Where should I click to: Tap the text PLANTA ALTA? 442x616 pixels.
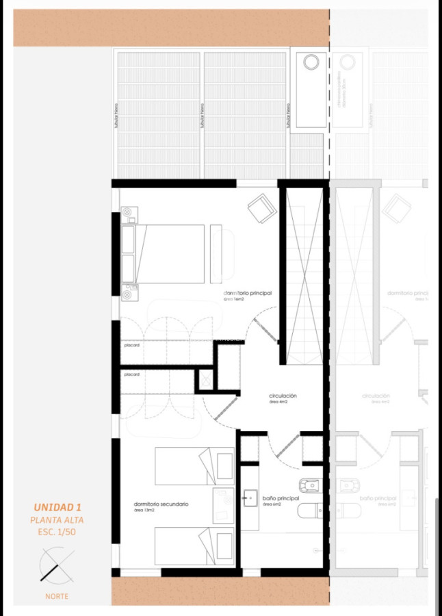57,520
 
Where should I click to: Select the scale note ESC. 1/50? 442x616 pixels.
57,532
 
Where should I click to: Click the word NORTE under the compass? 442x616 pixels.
57,596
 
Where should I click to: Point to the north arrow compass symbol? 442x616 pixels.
56,566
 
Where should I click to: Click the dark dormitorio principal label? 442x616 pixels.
248,293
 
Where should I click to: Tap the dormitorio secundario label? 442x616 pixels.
161,504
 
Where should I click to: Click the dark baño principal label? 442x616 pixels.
281,498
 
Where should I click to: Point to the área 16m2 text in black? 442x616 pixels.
234,300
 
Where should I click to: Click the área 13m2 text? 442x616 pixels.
144,511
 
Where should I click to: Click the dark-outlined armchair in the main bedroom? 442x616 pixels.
262,208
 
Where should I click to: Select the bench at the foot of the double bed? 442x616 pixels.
216,253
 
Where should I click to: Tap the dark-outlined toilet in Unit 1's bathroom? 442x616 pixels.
312,510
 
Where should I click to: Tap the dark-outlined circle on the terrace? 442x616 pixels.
311,62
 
